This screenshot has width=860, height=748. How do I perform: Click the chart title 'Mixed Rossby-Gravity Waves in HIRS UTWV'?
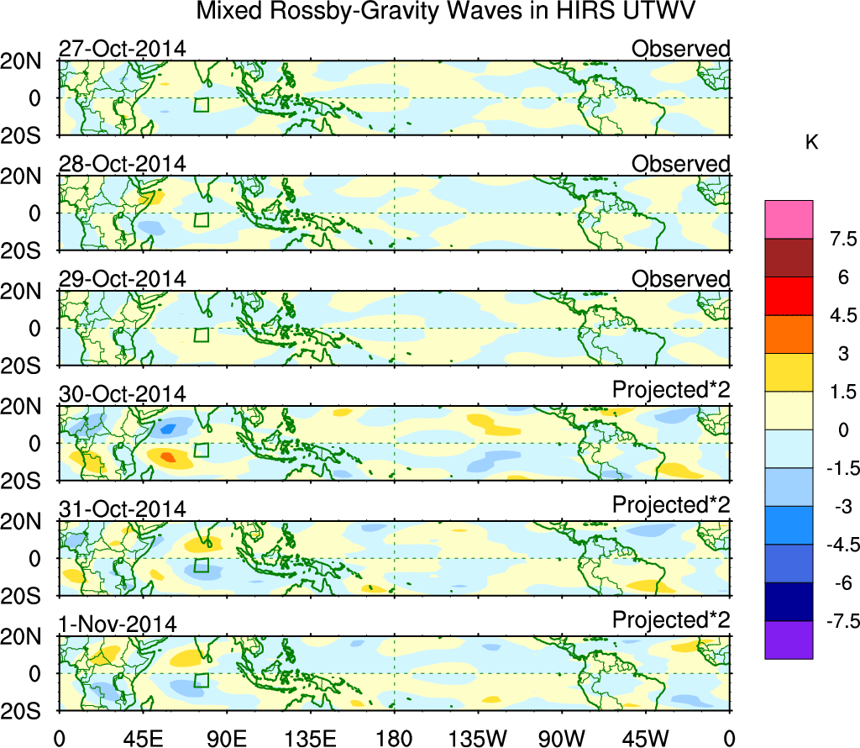pos(447,12)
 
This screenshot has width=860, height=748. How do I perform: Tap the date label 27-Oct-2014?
pos(122,49)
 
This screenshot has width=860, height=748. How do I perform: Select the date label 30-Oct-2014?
pos(122,394)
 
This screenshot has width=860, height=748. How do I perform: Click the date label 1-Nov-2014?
pos(117,624)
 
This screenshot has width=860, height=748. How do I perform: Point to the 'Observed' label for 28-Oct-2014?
pos(680,164)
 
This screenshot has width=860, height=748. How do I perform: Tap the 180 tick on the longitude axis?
pos(394,737)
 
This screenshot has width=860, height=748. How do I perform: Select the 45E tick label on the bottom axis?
pos(140,737)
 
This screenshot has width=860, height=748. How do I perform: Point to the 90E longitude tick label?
pos(224,737)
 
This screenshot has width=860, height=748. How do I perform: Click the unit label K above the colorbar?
pos(811,143)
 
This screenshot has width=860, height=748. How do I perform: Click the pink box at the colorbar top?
pos(789,219)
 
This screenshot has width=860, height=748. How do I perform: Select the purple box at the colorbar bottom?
pos(789,640)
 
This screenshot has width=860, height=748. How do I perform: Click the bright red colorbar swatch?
pos(789,296)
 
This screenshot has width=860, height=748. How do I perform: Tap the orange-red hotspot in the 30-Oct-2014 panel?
pos(167,457)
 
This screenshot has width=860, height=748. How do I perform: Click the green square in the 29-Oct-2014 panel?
pos(201,334)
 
